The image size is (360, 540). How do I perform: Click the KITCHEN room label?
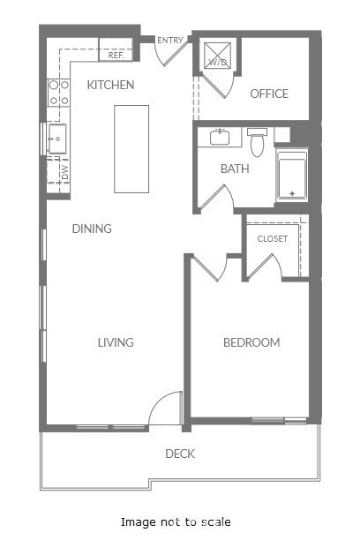pos(110,86)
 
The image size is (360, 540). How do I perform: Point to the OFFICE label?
pos(269,94)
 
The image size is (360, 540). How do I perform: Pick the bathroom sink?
pos(220,138)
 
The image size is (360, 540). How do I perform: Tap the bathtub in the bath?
pos(291,176)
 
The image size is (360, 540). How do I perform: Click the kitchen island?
pos(131,147)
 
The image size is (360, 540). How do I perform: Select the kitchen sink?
pos(56,139)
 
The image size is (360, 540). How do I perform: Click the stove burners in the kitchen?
pos(58,93)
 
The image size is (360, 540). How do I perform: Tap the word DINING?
pos(92,229)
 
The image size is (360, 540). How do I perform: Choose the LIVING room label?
pos(116,342)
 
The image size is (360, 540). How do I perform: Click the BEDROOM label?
pos(251,342)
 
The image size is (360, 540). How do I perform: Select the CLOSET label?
pos(273,239)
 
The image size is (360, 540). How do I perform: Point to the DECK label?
pos(180,454)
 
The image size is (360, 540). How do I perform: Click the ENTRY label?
pos(169,41)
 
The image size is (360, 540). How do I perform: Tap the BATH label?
pos(235,168)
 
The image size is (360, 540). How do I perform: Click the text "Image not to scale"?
pos(176,522)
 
